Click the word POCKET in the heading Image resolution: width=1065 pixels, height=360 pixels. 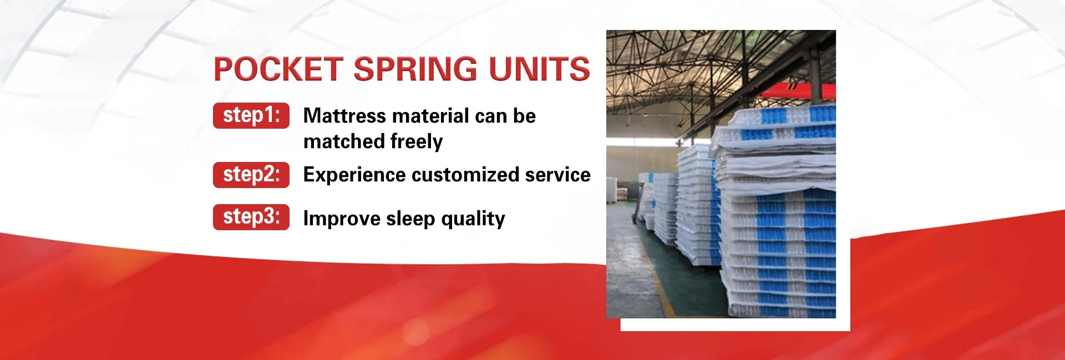coord(277,69)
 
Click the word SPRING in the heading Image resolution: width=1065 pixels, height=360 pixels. coord(415,69)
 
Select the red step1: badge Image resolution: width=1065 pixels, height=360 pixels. coord(251,115)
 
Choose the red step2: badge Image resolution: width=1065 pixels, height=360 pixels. coord(251,175)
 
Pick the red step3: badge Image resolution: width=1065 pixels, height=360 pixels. coord(251,217)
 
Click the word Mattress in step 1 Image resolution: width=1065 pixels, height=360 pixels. coord(344,116)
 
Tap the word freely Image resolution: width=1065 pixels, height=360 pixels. coord(417,142)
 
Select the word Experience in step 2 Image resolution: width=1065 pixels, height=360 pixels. coord(354,175)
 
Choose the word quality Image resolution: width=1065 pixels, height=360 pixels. coord(473,219)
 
